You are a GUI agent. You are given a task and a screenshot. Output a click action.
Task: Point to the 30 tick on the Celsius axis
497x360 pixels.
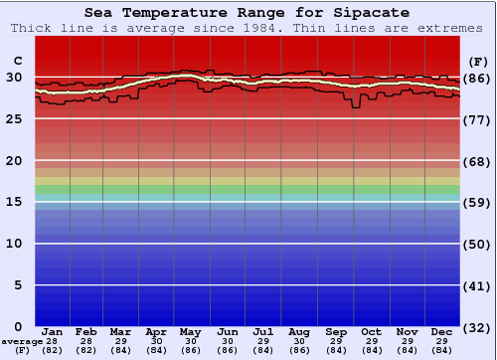(x=14, y=78)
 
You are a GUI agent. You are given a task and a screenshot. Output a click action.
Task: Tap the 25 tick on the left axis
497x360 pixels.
(x=14, y=119)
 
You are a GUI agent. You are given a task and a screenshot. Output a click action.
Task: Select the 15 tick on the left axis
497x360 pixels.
(x=14, y=202)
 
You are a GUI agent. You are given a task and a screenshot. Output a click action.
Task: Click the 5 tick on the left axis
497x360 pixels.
(x=18, y=285)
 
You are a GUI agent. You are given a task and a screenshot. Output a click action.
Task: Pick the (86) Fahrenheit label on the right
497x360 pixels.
(x=477, y=79)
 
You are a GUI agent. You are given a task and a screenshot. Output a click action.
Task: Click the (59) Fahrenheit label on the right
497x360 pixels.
(x=477, y=203)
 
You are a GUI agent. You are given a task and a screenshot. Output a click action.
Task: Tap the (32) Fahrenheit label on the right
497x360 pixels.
(x=477, y=328)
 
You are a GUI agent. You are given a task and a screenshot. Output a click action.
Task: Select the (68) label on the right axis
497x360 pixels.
(x=477, y=161)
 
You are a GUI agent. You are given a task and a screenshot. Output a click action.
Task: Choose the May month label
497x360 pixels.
(x=191, y=330)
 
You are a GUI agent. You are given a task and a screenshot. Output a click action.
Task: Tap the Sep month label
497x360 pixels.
(x=336, y=330)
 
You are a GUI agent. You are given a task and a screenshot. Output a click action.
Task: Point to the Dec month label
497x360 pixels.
(x=442, y=330)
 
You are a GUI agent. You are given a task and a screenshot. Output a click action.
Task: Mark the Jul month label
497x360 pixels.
(x=263, y=330)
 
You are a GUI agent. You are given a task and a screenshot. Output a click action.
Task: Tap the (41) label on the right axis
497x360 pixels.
(x=477, y=286)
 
